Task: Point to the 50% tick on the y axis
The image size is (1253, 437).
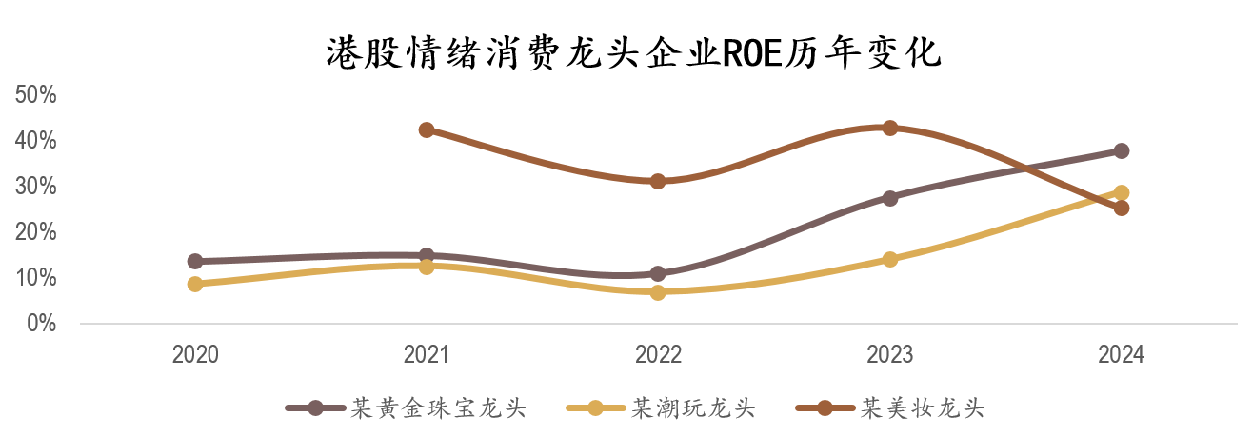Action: (x=36, y=95)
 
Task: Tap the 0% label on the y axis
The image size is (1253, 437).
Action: (x=41, y=324)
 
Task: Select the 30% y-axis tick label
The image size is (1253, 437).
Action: (x=36, y=187)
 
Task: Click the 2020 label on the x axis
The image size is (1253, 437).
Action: (x=195, y=355)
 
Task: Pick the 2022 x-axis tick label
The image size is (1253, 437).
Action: (x=658, y=355)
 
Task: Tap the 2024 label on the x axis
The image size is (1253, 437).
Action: (x=1121, y=355)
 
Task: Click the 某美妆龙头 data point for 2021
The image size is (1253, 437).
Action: (x=427, y=129)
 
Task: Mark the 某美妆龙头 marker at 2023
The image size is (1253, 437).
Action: (x=889, y=128)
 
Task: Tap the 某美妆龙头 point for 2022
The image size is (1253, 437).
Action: (x=658, y=181)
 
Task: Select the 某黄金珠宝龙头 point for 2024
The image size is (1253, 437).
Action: (x=1122, y=150)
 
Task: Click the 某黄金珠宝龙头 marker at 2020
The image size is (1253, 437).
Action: (x=195, y=261)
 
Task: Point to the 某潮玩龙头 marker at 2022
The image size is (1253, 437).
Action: (x=658, y=292)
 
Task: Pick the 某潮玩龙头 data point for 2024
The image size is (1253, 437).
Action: (x=1122, y=192)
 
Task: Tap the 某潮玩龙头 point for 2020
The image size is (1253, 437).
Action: (x=195, y=284)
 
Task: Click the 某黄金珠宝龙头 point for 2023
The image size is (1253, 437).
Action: (x=889, y=198)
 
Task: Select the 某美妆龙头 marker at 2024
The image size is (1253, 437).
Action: (x=1122, y=208)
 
